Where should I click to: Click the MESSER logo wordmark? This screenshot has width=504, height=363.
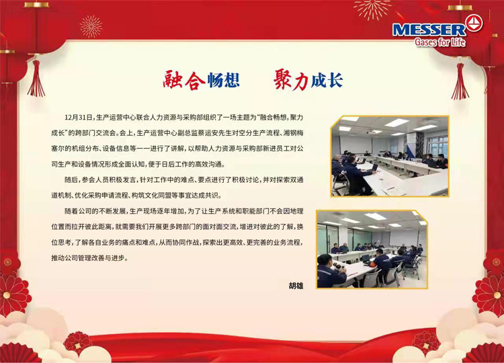tap(429, 30)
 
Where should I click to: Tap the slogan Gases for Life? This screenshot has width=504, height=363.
tap(439, 42)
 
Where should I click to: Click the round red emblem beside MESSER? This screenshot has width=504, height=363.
tap(474, 24)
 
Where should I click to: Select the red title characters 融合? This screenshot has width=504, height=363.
tap(183, 80)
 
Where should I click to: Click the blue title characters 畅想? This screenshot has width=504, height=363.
tap(224, 80)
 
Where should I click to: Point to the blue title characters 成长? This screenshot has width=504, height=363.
tap(327, 80)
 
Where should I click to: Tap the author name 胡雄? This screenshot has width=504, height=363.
tap(296, 286)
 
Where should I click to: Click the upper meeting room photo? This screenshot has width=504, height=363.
tap(390, 156)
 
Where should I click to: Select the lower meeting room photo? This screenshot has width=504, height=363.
tap(372, 249)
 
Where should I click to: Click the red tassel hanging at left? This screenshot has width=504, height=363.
tap(36, 79)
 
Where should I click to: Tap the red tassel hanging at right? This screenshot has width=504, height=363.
tap(460, 81)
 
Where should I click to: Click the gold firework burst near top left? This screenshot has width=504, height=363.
tap(91, 26)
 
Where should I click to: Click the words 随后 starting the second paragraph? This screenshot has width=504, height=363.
tap(71, 179)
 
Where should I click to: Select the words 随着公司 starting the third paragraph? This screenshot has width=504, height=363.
tap(79, 211)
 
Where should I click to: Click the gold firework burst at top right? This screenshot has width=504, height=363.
tap(372, 9)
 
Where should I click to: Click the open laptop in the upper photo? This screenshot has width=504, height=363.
tap(374, 168)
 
